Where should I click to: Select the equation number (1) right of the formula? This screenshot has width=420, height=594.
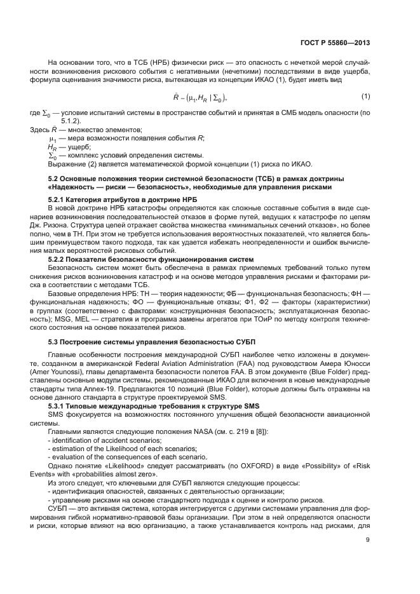(365, 96)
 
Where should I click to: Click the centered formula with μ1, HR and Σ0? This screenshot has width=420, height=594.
(200, 97)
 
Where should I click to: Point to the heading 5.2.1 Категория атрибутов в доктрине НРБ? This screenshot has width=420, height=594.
(111, 199)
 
